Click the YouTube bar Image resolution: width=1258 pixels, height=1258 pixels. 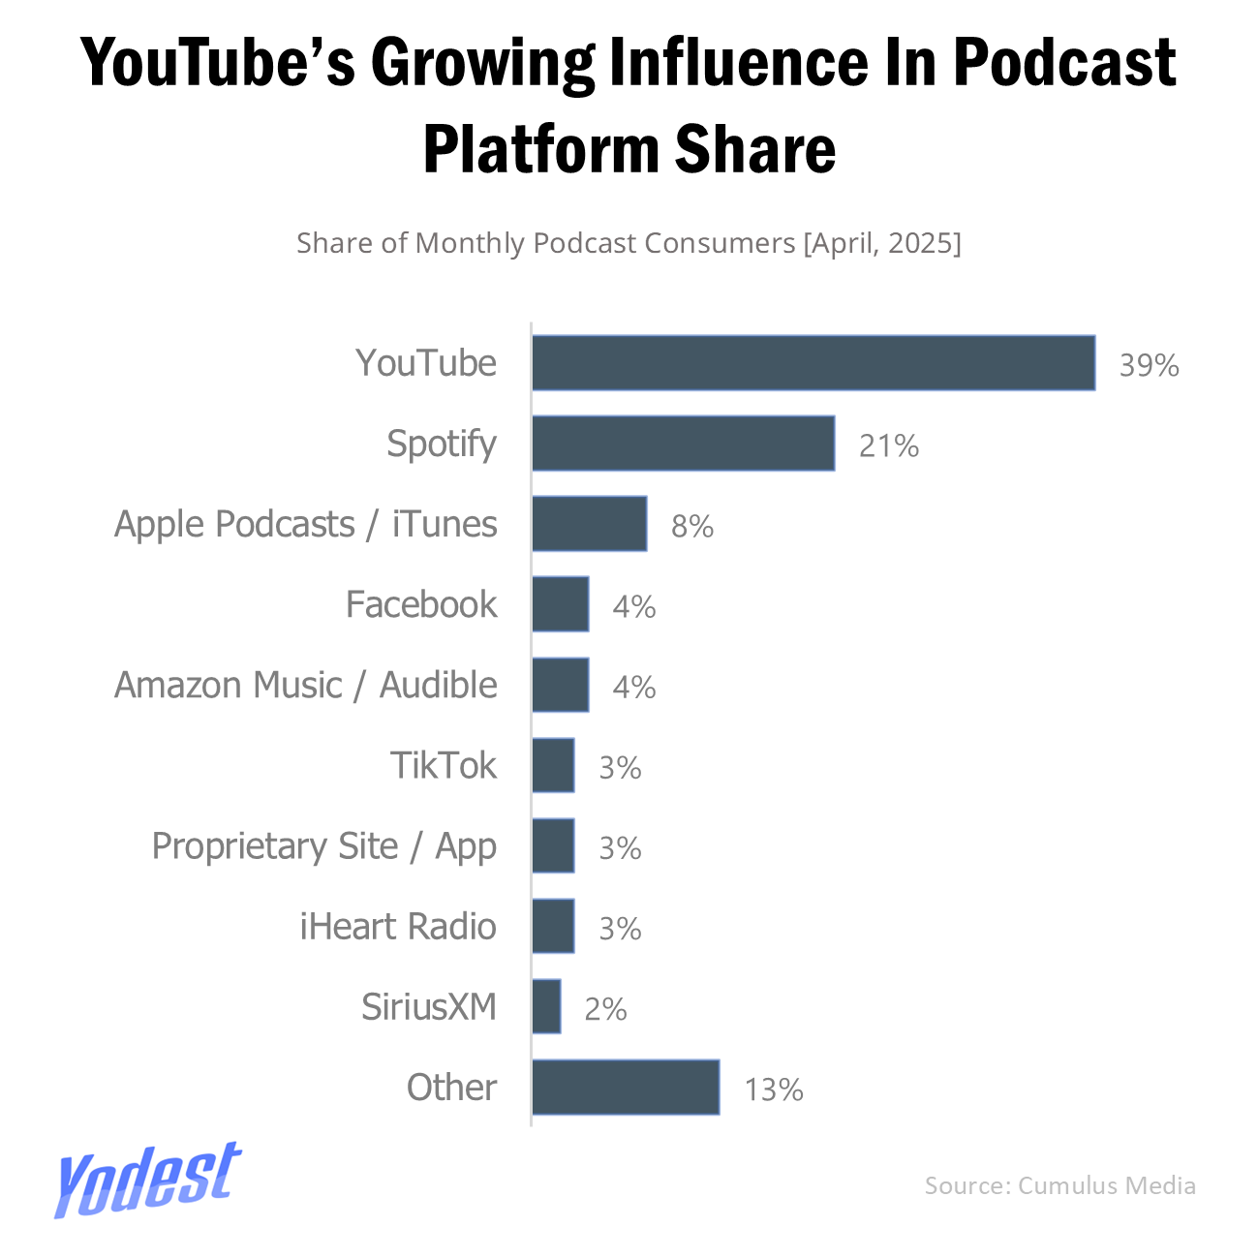813,363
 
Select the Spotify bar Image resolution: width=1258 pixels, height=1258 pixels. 683,444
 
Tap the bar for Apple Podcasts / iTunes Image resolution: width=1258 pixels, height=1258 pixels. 589,524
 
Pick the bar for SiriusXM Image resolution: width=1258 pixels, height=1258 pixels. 546,1006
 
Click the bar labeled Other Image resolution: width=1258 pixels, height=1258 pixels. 626,1087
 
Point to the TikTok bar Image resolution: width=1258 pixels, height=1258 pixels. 553,765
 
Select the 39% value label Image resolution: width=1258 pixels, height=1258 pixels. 1149,365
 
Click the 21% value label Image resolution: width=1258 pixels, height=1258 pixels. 888,445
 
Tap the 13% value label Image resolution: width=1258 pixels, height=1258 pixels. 773,1089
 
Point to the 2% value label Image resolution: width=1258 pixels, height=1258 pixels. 605,1009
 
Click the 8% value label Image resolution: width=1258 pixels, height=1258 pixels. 692,526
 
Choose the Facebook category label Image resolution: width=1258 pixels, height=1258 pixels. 421,604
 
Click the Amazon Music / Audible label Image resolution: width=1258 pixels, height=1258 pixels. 306,685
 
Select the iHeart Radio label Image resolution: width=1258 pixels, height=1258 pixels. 398,926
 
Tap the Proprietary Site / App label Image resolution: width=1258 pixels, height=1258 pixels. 324,846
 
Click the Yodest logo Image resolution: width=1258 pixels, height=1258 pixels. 146,1179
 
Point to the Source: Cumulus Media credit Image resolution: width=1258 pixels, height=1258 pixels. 1059,1185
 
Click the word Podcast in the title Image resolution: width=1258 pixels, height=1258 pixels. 1065,63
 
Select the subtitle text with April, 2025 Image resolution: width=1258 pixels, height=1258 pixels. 629,243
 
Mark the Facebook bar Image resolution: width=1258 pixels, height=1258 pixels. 560,604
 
